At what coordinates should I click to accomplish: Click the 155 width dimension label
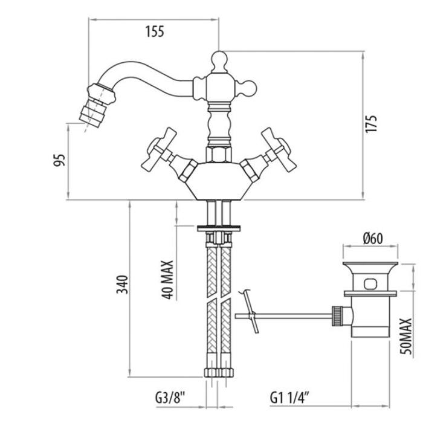[x=155, y=31]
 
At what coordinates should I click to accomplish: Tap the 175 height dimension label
[x=371, y=123]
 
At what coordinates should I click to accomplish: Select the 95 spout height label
[x=59, y=160]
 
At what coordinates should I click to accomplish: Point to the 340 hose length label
[x=122, y=285]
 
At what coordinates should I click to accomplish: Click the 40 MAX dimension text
[x=167, y=279]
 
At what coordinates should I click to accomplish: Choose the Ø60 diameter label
[x=373, y=239]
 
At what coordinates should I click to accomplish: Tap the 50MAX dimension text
[x=406, y=336]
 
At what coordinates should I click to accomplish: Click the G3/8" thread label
[x=170, y=398]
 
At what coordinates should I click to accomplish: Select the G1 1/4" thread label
[x=289, y=398]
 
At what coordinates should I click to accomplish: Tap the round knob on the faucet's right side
[x=248, y=88]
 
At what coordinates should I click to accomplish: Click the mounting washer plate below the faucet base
[x=219, y=228]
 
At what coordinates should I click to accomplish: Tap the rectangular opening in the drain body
[x=370, y=284]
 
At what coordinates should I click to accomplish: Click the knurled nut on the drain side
[x=337, y=315]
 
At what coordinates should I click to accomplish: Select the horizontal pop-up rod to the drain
[x=283, y=316]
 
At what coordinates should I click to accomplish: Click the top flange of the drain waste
[x=370, y=263]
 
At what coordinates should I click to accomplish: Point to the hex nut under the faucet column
[x=219, y=155]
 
